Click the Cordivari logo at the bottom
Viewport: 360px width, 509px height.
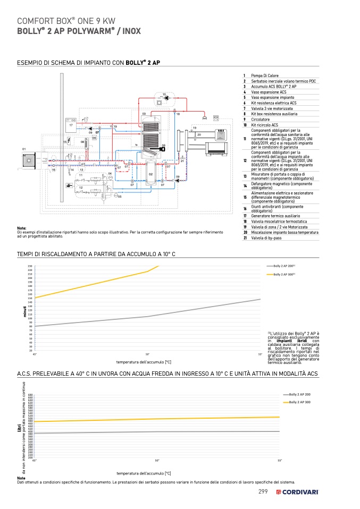(x=297, y=492)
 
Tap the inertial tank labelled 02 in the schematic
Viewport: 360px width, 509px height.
(x=150, y=173)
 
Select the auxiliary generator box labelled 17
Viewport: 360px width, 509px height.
(x=71, y=124)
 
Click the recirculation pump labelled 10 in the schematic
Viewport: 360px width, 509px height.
(x=167, y=98)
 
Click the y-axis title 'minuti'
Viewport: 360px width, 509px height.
(x=24, y=312)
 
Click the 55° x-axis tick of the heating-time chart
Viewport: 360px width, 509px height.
(x=260, y=354)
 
